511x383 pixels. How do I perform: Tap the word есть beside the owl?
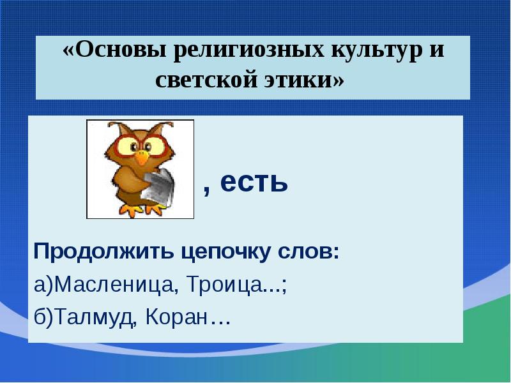tap(255, 184)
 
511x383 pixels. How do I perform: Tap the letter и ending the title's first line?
tap(436, 51)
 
